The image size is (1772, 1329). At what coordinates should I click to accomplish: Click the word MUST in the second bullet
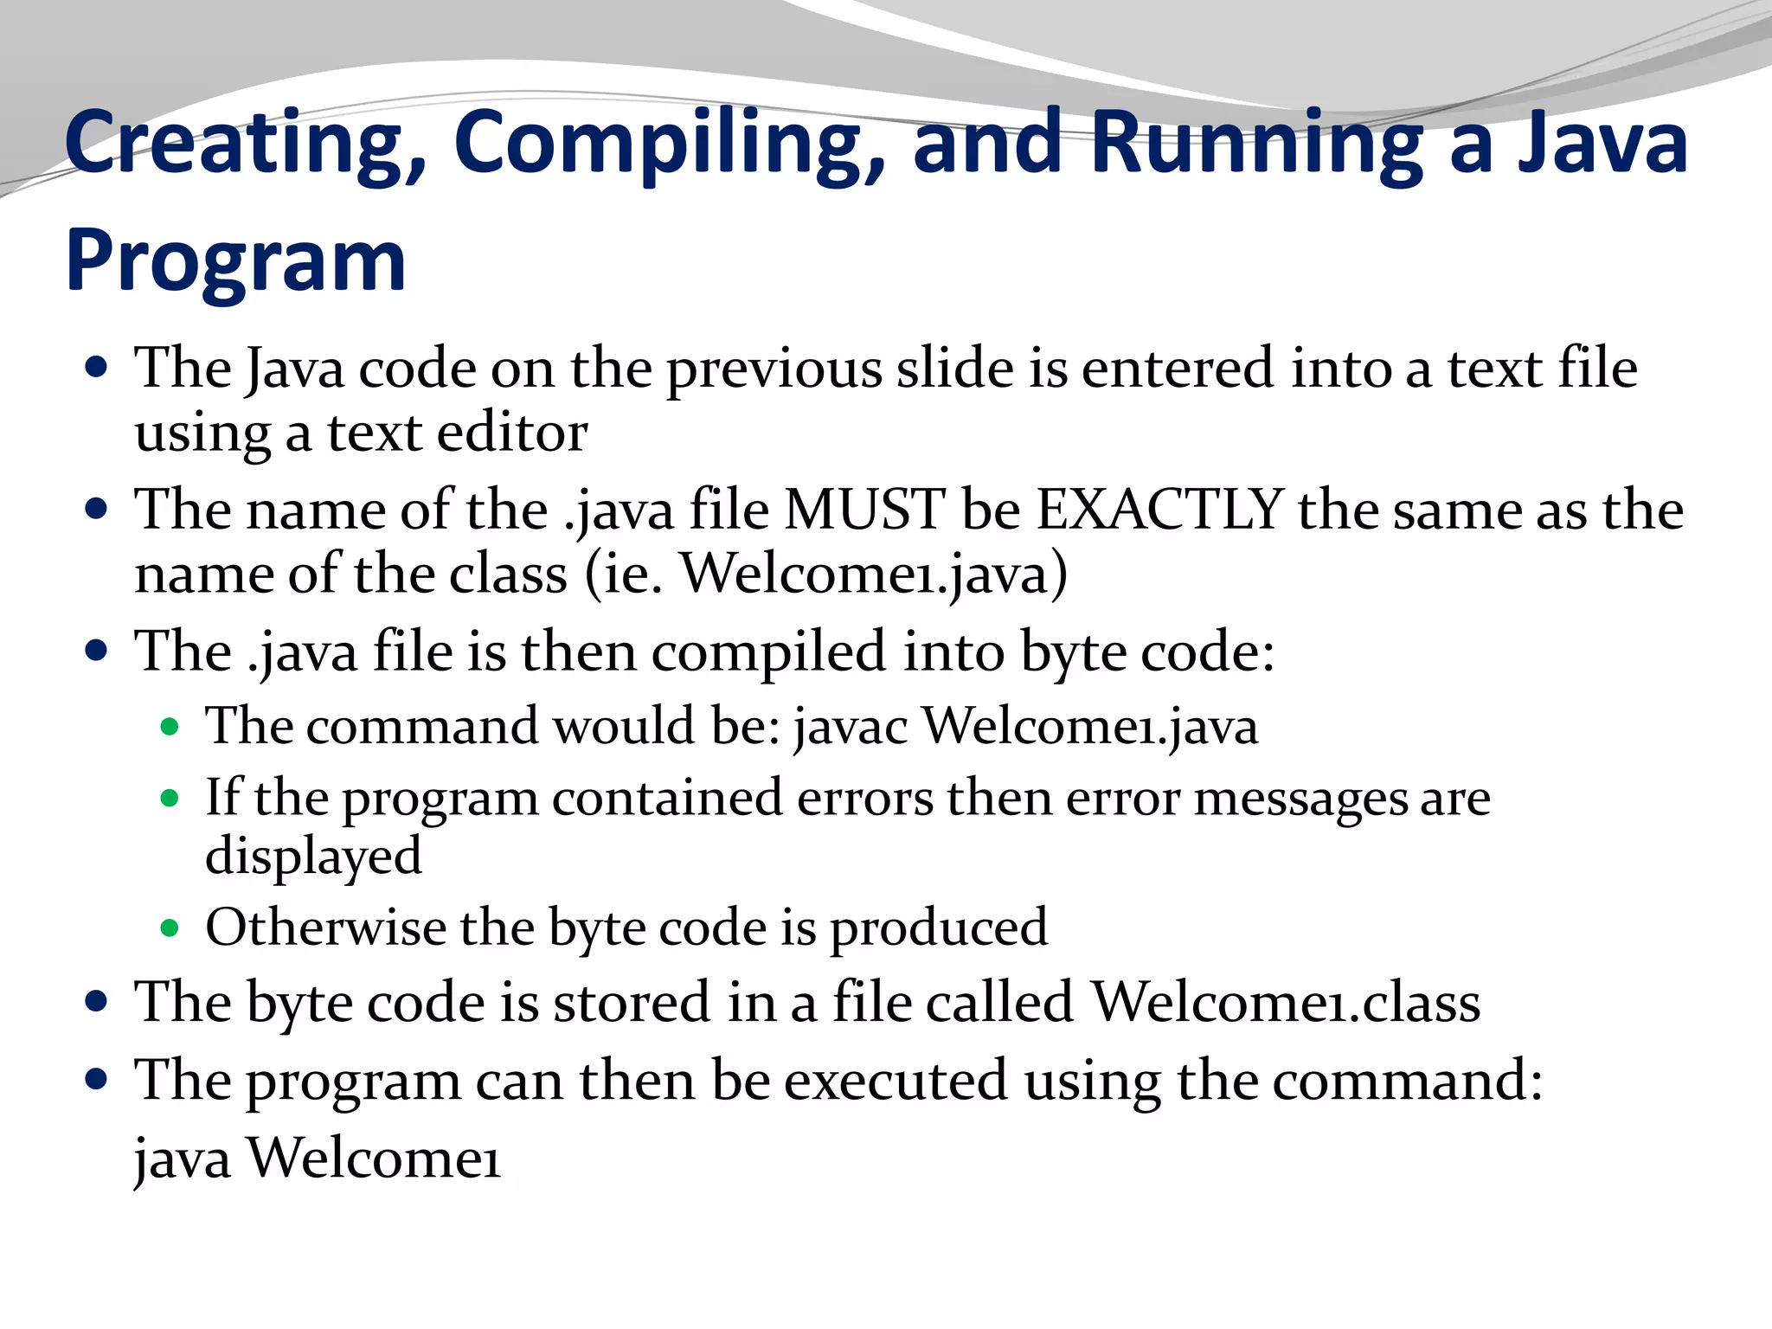(864, 510)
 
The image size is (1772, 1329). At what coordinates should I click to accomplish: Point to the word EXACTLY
(1159, 510)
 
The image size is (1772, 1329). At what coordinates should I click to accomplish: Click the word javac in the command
(851, 727)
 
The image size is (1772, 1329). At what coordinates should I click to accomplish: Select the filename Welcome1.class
(1286, 1003)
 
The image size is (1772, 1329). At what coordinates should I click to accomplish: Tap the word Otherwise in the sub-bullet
(325, 928)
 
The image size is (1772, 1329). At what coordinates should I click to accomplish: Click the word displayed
(313, 857)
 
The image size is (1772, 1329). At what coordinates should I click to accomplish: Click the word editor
(512, 433)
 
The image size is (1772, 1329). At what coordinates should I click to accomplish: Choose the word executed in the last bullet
(896, 1082)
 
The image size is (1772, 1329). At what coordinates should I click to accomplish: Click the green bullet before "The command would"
(170, 727)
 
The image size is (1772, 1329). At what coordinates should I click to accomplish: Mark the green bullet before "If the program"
(170, 798)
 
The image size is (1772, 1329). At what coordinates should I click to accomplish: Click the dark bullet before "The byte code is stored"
(97, 1002)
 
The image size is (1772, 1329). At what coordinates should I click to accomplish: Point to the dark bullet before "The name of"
(97, 508)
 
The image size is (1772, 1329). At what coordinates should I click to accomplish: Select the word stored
(632, 1003)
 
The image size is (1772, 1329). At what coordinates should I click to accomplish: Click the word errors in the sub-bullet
(864, 798)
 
